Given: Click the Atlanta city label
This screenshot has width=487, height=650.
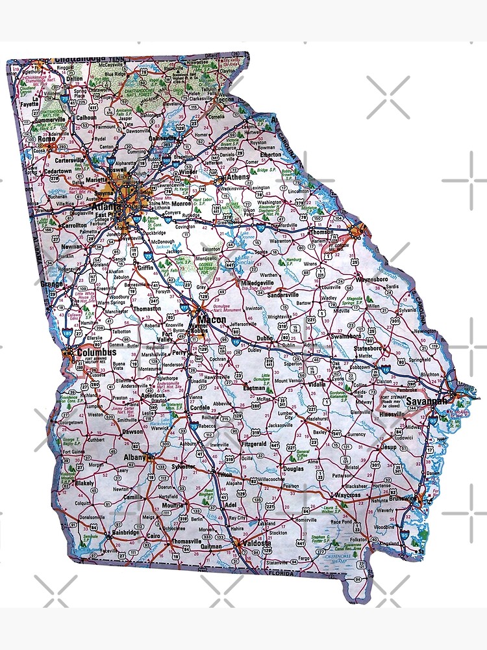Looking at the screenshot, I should [x=119, y=207].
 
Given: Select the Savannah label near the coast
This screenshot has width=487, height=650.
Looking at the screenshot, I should [x=427, y=402].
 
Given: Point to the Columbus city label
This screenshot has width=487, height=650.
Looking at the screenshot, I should [x=92, y=352].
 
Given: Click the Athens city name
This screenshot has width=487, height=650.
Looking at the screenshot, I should [x=238, y=177].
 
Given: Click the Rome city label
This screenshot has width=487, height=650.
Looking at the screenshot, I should [x=46, y=138].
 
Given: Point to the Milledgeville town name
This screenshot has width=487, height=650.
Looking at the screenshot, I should [x=258, y=283].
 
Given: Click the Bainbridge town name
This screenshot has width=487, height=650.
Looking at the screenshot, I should [x=125, y=533].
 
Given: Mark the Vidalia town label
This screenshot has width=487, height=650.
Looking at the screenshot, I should [x=317, y=384].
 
